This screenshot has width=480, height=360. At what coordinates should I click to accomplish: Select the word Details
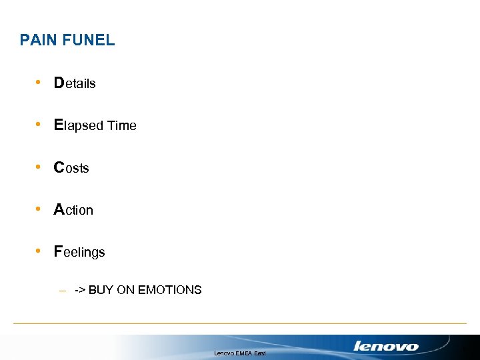pyautogui.click(x=75, y=83)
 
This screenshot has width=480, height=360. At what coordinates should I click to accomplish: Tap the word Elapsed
pyautogui.click(x=79, y=125)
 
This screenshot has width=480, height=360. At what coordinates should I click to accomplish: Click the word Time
pyautogui.click(x=122, y=125)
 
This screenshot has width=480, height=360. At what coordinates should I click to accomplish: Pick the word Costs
pyautogui.click(x=71, y=168)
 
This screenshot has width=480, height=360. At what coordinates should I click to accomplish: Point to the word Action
pyautogui.click(x=73, y=210)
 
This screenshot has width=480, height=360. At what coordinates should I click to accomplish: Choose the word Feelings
pyautogui.click(x=79, y=252)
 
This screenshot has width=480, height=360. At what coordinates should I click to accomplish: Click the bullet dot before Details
pyautogui.click(x=40, y=83)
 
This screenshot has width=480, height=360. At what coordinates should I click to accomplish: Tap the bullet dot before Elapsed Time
pyautogui.click(x=40, y=125)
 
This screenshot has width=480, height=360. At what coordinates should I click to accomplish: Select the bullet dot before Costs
pyautogui.click(x=40, y=167)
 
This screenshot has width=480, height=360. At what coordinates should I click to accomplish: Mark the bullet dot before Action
pyautogui.click(x=40, y=209)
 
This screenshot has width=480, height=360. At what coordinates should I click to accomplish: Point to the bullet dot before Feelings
pyautogui.click(x=40, y=251)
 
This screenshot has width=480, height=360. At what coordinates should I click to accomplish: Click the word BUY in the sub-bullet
pyautogui.click(x=101, y=290)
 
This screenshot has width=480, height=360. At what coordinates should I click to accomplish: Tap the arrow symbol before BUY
pyautogui.click(x=79, y=290)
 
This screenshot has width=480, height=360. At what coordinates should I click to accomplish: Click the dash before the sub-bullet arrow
pyautogui.click(x=62, y=291)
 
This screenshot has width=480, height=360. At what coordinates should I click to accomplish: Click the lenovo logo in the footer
pyautogui.click(x=386, y=346)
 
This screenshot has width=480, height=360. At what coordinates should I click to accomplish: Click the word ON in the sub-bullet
pyautogui.click(x=125, y=290)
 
